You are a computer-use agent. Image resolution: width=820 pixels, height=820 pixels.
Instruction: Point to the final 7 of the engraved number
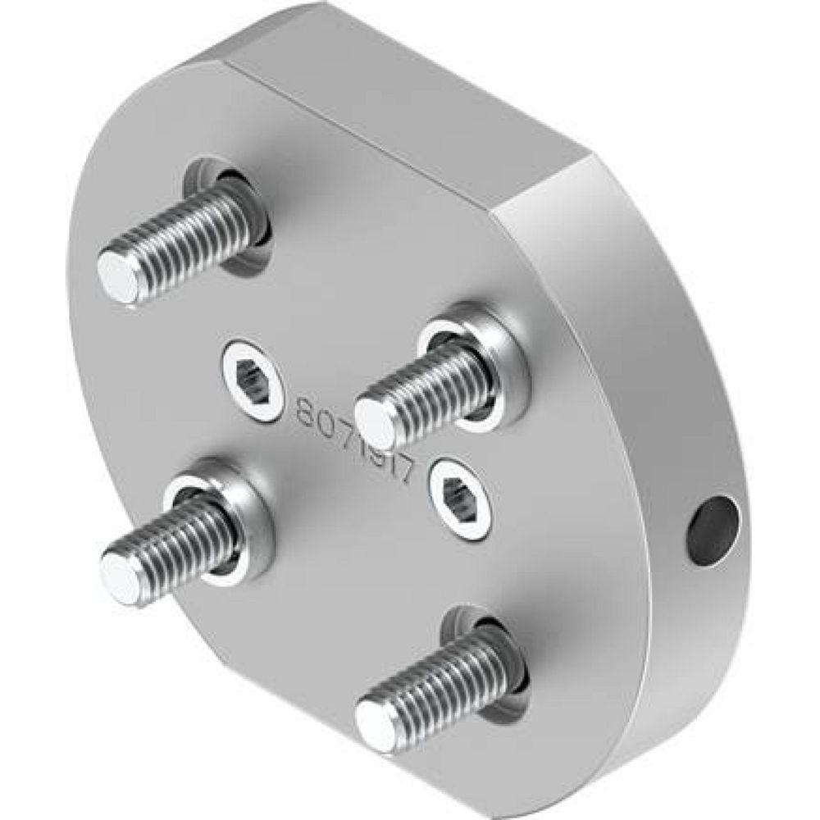pos(412,474)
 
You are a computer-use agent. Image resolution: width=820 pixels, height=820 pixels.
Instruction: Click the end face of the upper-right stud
pos(376,422)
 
